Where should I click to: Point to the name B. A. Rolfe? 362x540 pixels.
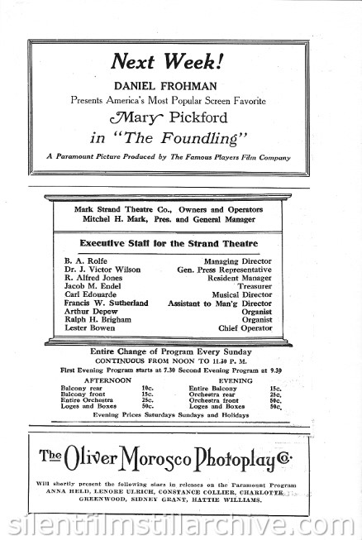pyautogui.click(x=81, y=260)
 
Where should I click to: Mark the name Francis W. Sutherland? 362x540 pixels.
pyautogui.click(x=106, y=303)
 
